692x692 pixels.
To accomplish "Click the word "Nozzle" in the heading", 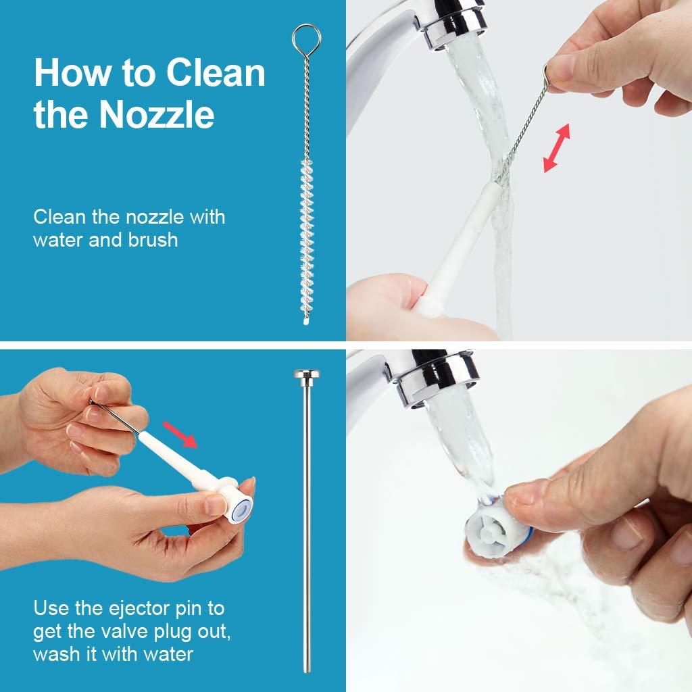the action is click(157, 115).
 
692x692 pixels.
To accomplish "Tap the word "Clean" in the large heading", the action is click(216, 72).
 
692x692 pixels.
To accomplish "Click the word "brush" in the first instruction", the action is click(153, 240).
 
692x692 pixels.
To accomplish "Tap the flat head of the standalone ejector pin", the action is click(307, 374).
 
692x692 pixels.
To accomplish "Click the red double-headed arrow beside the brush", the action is click(557, 148).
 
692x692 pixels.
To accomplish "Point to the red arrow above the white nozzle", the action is click(180, 435).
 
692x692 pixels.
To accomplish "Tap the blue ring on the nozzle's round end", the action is click(243, 510).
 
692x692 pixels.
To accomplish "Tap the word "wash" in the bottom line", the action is click(57, 654).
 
